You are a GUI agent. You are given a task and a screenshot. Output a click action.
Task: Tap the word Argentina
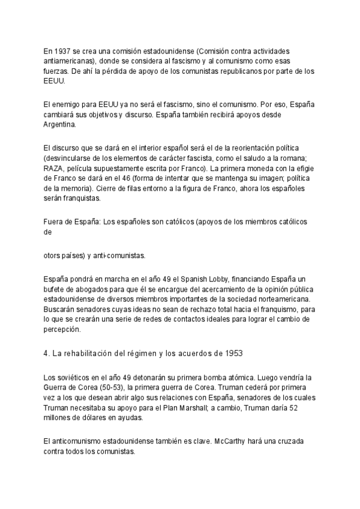59,125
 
